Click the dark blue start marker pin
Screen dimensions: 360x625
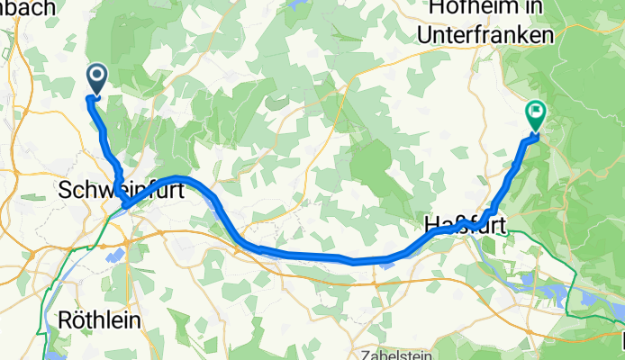tap(95, 78)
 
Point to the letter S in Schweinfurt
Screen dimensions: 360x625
tap(64, 190)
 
